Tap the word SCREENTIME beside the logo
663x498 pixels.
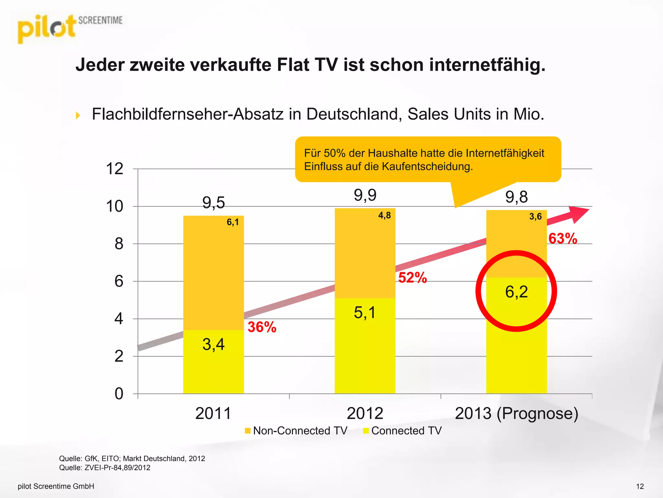click(100, 20)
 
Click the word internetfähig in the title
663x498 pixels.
click(487, 65)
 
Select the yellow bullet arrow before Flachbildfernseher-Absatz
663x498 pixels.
click(78, 115)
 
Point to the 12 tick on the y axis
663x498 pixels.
click(115, 169)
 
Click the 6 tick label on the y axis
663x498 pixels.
click(119, 281)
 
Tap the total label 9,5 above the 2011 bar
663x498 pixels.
click(213, 203)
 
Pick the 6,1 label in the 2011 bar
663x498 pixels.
click(232, 222)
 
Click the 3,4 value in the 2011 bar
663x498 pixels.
click(213, 344)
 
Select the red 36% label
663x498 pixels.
click(262, 327)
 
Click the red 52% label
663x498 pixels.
click(412, 278)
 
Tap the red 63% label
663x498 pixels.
click(563, 239)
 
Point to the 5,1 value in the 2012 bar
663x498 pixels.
click(365, 313)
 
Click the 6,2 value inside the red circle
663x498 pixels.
click(516, 292)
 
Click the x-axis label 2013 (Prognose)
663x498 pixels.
click(516, 413)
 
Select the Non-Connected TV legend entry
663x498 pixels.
click(296, 431)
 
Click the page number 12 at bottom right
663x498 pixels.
click(640, 486)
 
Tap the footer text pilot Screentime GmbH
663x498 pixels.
click(56, 486)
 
